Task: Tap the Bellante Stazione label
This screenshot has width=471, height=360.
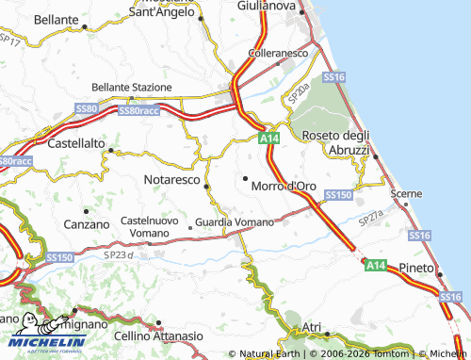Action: [x=131, y=87]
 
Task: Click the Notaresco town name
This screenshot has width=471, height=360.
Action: [x=172, y=177]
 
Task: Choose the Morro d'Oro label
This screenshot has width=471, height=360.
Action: [x=284, y=186]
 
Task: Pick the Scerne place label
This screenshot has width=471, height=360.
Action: [x=407, y=193]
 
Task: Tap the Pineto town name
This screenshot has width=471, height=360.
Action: [x=414, y=268]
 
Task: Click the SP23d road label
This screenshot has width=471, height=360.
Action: [x=120, y=254]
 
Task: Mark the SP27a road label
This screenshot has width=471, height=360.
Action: [x=370, y=219]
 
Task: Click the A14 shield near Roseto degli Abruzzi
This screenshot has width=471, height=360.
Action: [x=269, y=138]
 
